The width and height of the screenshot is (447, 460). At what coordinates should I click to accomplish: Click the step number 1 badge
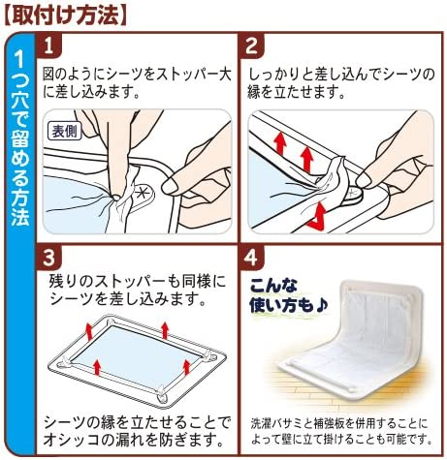click(x=48, y=46)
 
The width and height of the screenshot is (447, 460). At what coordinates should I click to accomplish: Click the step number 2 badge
click(x=251, y=46)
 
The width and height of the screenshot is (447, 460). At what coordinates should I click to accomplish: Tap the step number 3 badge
click(x=48, y=259)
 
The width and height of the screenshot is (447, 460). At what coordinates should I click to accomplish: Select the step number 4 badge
click(x=251, y=259)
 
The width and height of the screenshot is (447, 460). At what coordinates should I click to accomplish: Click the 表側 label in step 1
click(x=65, y=131)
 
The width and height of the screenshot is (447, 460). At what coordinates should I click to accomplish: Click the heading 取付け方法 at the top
click(x=66, y=15)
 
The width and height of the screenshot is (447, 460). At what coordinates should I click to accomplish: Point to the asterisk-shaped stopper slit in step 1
click(x=142, y=193)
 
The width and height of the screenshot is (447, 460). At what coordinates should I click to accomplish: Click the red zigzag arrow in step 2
click(x=317, y=216)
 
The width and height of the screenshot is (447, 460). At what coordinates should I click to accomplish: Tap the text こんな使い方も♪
click(x=288, y=295)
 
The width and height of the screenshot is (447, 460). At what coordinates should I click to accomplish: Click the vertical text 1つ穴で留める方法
click(x=19, y=138)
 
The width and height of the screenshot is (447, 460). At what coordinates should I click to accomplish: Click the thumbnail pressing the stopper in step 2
click(x=364, y=179)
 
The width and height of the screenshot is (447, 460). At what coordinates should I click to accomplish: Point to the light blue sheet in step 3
click(x=136, y=352)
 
